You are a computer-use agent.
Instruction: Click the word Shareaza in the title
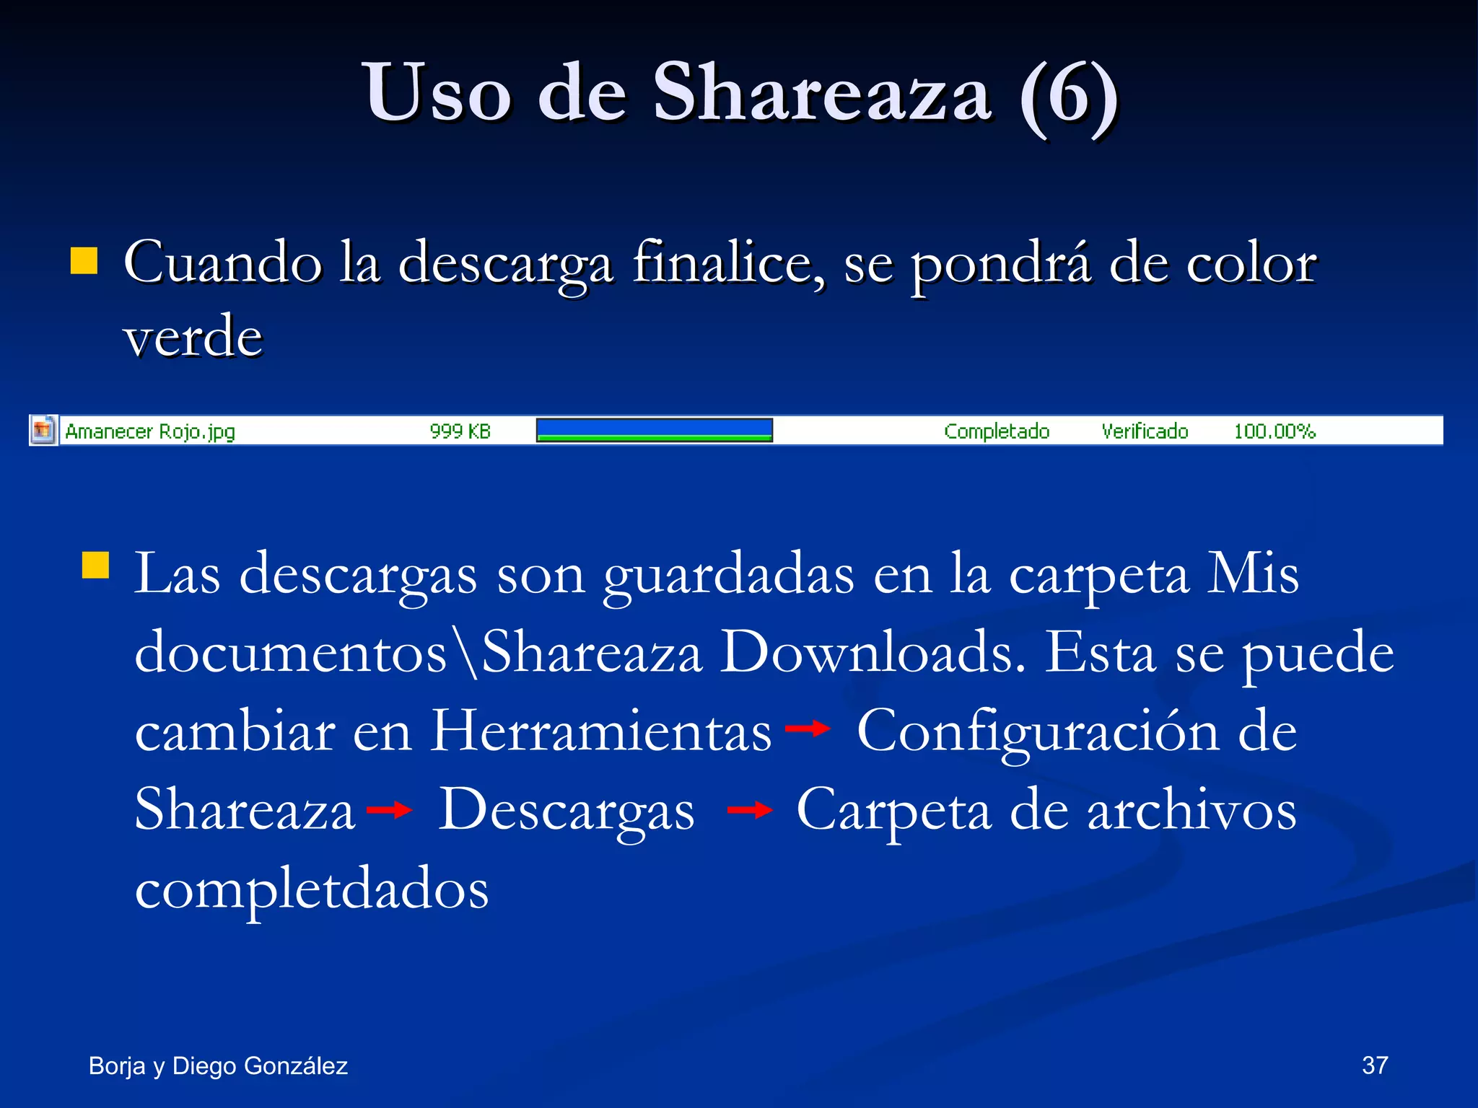(822, 94)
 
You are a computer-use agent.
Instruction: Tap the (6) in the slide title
(1069, 95)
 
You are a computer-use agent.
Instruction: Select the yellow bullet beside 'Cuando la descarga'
(84, 261)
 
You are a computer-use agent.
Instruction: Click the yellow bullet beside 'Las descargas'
(95, 566)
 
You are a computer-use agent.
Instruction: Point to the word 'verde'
(193, 338)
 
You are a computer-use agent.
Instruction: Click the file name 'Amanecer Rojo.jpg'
(150, 431)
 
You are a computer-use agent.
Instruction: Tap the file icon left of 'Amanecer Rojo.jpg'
(43, 431)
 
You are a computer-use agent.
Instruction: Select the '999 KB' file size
(460, 431)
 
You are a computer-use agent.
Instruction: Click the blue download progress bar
(654, 430)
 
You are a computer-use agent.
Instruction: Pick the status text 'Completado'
(996, 431)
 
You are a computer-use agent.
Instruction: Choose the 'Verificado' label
(1145, 431)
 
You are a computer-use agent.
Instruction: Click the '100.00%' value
(1274, 431)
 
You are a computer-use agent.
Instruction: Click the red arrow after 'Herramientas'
(808, 729)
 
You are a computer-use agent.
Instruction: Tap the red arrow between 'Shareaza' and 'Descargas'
(389, 810)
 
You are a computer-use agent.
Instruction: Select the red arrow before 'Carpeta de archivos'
(750, 810)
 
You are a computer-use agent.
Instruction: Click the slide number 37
(1375, 1065)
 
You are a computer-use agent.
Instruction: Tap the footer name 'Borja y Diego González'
(218, 1066)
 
